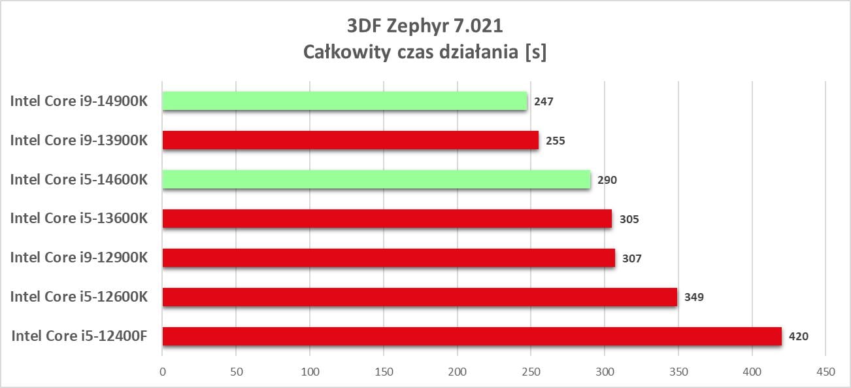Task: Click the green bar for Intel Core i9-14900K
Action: coord(344,101)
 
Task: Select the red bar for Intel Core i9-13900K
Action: coord(350,140)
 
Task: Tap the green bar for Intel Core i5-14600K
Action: coord(376,179)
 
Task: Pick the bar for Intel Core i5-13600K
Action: coord(387,219)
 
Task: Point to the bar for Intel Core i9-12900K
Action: coord(388,258)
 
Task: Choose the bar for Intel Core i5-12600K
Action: coord(420,297)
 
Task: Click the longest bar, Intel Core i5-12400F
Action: coord(472,336)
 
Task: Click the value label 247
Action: coord(544,101)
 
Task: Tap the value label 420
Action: coord(798,337)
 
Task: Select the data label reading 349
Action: coord(693,298)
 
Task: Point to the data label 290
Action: coord(607,180)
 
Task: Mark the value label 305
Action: coord(629,219)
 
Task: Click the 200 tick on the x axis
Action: coord(458,372)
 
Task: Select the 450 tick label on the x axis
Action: coord(826,372)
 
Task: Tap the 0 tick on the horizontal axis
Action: coord(163,372)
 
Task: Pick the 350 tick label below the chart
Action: coord(678,372)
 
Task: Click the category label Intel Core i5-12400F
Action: coord(79,336)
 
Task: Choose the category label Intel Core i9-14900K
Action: coord(78,101)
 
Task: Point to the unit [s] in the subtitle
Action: coord(535,53)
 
